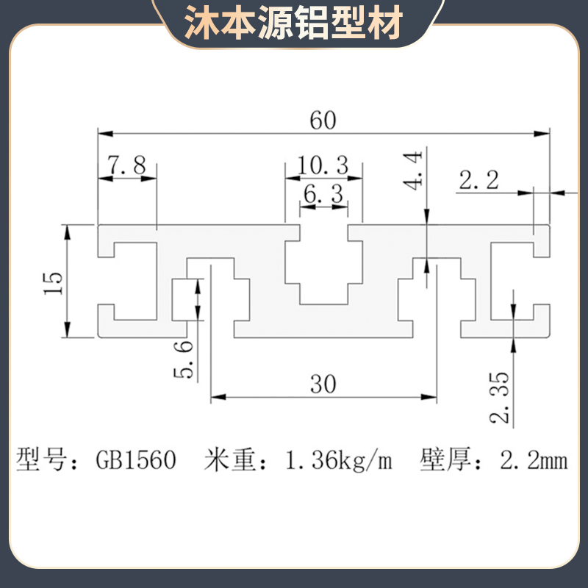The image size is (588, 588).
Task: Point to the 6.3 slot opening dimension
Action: [323, 195]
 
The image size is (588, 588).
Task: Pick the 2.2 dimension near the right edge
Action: [479, 179]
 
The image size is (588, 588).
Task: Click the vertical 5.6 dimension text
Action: [184, 359]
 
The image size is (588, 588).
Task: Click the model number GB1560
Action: [137, 461]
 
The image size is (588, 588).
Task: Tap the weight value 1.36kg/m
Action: [338, 461]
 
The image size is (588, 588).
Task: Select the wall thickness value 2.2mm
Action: [534, 461]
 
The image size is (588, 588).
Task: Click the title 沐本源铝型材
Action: [294, 23]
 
